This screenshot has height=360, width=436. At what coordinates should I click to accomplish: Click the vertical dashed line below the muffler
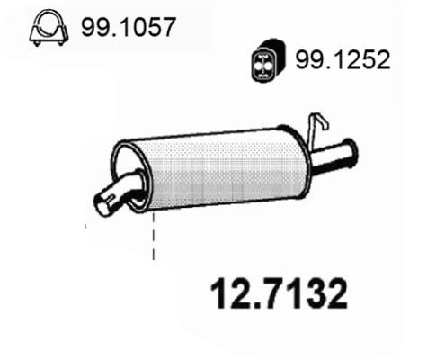[x=154, y=236]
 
